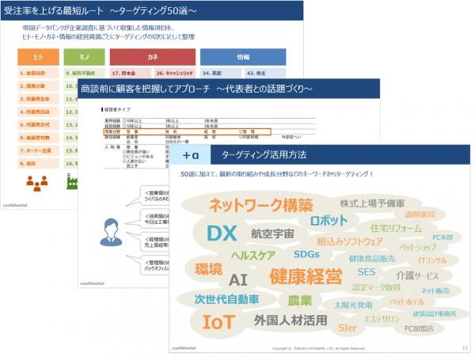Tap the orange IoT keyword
(x=218, y=322)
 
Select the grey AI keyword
(x=238, y=279)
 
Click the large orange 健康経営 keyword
(x=306, y=277)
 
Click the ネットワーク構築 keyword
(x=260, y=206)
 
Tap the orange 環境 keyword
(x=208, y=269)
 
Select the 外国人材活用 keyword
(x=291, y=320)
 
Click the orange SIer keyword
(x=347, y=327)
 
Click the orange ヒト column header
(x=38, y=57)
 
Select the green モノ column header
(x=85, y=57)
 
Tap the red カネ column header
(x=151, y=57)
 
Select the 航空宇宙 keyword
(x=272, y=234)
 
